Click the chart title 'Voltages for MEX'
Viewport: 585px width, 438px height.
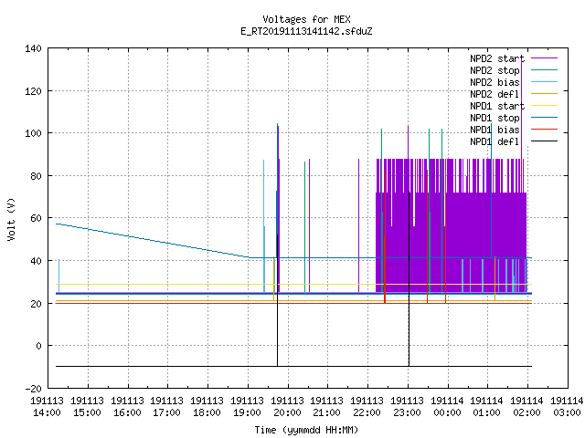click(x=306, y=19)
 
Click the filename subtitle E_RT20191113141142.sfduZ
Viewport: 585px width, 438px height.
click(x=306, y=31)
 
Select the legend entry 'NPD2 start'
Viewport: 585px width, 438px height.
click(x=514, y=58)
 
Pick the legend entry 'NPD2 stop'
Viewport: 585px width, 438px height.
click(x=514, y=70)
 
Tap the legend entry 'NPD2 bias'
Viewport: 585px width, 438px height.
click(x=514, y=82)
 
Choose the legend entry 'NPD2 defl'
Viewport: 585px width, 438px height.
click(x=514, y=94)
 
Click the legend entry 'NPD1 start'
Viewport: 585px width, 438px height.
click(x=514, y=106)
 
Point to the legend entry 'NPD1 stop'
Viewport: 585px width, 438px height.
click(x=514, y=118)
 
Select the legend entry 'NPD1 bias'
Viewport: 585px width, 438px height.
click(x=514, y=130)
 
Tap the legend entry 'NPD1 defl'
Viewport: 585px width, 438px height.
click(x=514, y=142)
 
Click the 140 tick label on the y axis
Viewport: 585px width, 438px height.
click(x=33, y=48)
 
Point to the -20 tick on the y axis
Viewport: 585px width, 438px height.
click(x=33, y=389)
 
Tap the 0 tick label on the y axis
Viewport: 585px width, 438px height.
click(x=38, y=346)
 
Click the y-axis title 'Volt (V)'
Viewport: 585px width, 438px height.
click(x=11, y=219)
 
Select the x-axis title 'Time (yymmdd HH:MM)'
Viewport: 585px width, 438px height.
click(x=306, y=430)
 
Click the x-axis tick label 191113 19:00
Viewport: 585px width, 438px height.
click(x=248, y=407)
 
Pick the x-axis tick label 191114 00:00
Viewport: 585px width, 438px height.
click(x=447, y=407)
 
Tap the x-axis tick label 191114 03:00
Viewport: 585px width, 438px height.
click(x=567, y=407)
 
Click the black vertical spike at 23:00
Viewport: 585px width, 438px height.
click(x=409, y=278)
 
